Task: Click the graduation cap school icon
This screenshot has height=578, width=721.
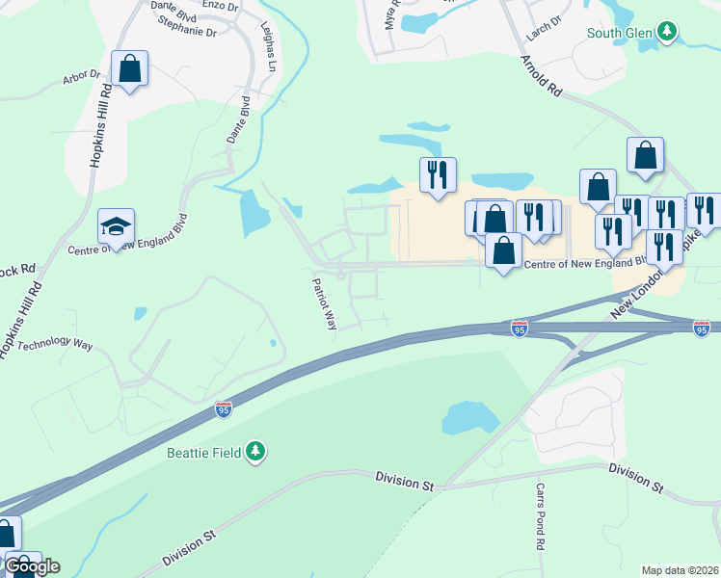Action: [116, 226]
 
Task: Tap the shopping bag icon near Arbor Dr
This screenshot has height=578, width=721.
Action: [128, 68]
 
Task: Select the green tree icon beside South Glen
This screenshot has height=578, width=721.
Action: [667, 33]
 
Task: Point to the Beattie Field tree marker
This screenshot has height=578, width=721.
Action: [255, 451]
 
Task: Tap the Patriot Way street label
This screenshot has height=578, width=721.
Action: [324, 304]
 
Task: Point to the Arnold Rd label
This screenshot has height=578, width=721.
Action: [541, 75]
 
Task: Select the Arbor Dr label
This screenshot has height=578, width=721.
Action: [82, 75]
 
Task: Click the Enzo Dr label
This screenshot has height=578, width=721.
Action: [220, 6]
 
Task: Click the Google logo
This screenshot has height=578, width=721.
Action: [32, 566]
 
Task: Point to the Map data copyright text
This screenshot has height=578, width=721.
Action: [681, 570]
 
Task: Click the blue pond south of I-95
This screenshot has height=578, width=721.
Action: [469, 417]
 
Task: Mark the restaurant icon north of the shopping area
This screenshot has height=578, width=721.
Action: [438, 175]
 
